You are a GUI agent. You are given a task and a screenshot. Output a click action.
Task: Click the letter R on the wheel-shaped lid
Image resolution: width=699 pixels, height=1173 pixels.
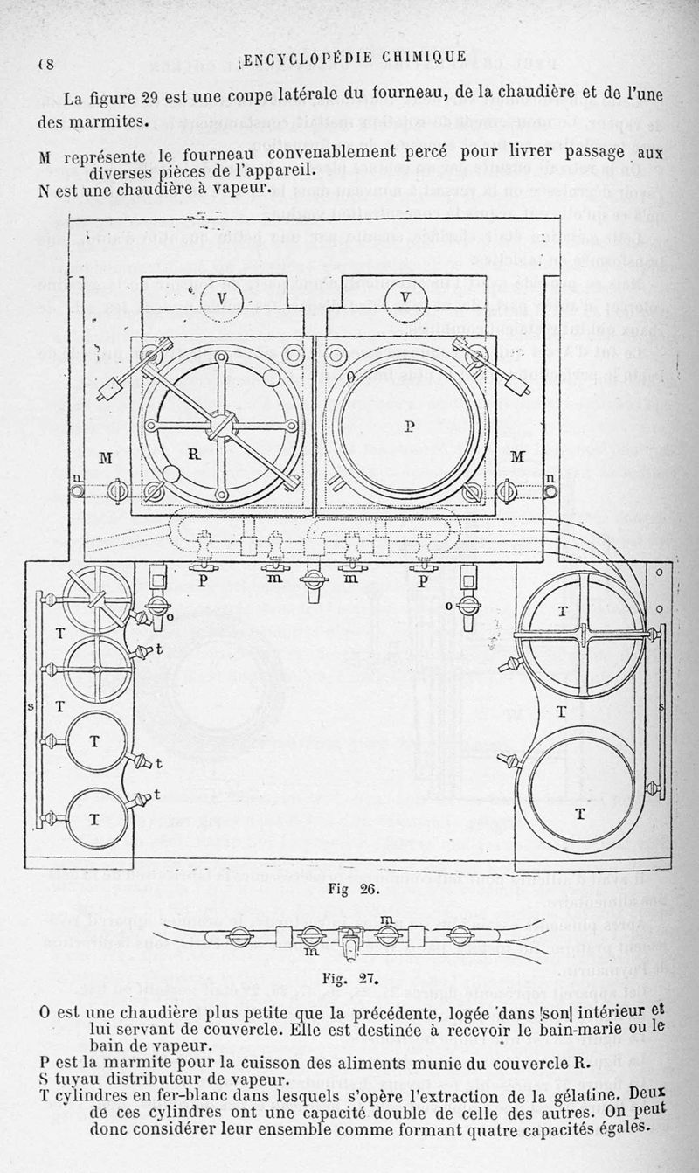[x=194, y=455]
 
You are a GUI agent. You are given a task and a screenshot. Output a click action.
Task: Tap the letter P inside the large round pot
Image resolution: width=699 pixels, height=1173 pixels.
[x=409, y=427]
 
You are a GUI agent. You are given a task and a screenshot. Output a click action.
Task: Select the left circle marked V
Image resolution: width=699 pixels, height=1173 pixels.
[x=221, y=299]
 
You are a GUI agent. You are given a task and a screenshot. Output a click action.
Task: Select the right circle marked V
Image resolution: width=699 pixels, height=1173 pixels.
[x=405, y=298]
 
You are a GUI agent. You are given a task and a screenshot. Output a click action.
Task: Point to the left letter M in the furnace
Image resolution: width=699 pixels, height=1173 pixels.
[x=106, y=458]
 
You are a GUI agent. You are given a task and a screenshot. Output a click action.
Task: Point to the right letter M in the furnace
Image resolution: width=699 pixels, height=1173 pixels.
[x=517, y=456]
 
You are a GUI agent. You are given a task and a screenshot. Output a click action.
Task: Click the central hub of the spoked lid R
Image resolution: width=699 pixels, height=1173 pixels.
[x=218, y=427]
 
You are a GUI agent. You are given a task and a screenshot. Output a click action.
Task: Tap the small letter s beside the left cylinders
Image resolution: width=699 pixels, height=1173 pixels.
[x=31, y=704]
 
